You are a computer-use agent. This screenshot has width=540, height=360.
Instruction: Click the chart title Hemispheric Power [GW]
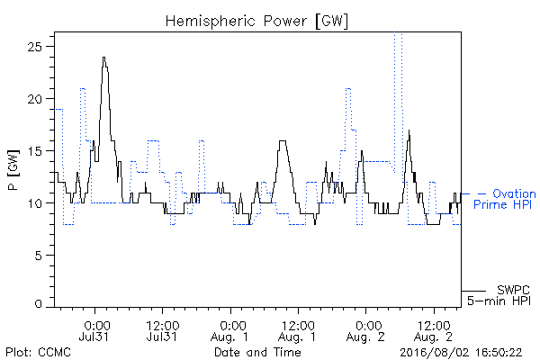[x=256, y=22]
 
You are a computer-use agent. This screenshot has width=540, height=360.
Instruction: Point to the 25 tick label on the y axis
[x=35, y=47]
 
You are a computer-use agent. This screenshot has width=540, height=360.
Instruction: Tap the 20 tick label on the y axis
[x=35, y=99]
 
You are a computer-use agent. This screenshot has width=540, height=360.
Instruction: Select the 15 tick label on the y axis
[x=35, y=151]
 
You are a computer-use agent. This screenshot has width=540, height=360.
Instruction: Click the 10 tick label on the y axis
[x=35, y=203]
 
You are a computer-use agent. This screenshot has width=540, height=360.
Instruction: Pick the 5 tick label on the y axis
[x=39, y=256]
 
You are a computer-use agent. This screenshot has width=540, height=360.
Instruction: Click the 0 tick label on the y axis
[x=39, y=304]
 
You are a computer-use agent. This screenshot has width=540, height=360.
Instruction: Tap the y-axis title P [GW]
[x=13, y=169]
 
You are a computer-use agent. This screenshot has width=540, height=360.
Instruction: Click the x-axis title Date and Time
[x=257, y=352]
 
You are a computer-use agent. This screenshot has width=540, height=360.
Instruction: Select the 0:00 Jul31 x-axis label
[x=94, y=331]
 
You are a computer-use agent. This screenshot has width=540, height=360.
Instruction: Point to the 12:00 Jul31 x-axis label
[x=162, y=331]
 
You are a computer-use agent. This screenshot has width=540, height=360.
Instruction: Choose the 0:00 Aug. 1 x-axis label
[x=229, y=331]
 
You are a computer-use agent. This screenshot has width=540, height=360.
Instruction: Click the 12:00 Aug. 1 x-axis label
[x=298, y=331]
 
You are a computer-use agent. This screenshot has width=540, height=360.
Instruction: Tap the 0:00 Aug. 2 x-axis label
[x=365, y=331]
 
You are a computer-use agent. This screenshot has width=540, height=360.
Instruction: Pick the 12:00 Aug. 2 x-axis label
[x=434, y=331]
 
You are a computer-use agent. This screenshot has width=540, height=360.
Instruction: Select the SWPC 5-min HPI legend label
[x=499, y=295]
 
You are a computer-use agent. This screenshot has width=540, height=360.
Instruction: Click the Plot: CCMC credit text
[x=38, y=352]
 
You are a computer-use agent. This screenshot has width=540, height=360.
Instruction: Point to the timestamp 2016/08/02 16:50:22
[x=461, y=353]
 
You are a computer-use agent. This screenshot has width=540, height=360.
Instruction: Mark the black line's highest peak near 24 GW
[x=103, y=58]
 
